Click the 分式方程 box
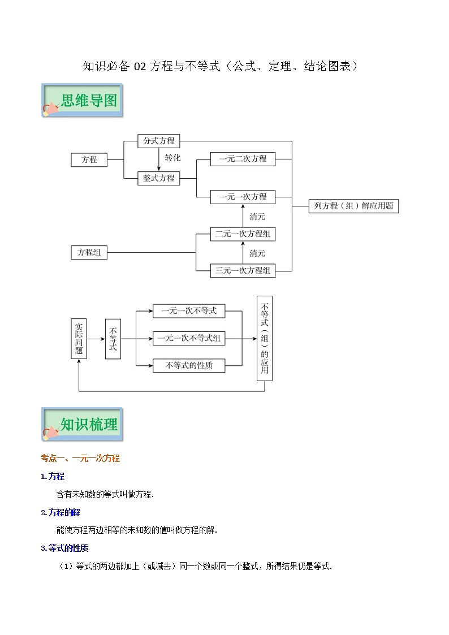click(x=159, y=141)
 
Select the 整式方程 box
click(x=159, y=178)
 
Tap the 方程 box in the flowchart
click(x=89, y=159)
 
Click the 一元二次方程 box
click(x=243, y=159)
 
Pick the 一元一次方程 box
click(x=243, y=197)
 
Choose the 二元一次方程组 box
click(x=243, y=234)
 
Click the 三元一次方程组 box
click(x=243, y=270)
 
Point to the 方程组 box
click(x=89, y=253)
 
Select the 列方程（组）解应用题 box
click(x=353, y=206)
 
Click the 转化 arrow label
click(x=172, y=158)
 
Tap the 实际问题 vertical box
click(x=79, y=338)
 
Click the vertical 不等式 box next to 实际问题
click(x=113, y=339)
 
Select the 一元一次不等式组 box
click(x=189, y=338)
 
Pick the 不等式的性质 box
click(x=189, y=365)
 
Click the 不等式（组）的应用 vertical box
click(x=264, y=338)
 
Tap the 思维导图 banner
click(x=82, y=101)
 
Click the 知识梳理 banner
click(x=82, y=424)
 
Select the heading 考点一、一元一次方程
click(x=80, y=459)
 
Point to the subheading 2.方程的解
click(x=61, y=512)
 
